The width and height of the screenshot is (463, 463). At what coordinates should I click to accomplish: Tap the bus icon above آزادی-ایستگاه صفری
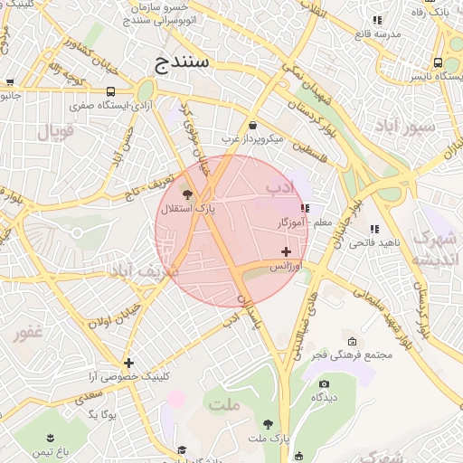pyautogui.click(x=110, y=91)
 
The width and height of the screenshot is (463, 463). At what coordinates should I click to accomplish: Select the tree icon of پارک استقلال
pyautogui.click(x=187, y=194)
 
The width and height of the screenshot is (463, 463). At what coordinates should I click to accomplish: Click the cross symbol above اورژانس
pyautogui.click(x=287, y=251)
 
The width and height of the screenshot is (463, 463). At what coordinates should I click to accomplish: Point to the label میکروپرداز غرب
pyautogui.click(x=253, y=139)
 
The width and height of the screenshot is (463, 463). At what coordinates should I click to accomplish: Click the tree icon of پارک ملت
pyautogui.click(x=268, y=424)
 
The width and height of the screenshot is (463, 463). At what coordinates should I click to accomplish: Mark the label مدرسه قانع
pyautogui.click(x=375, y=33)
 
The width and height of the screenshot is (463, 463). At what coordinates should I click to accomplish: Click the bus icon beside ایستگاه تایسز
pyautogui.click(x=438, y=63)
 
